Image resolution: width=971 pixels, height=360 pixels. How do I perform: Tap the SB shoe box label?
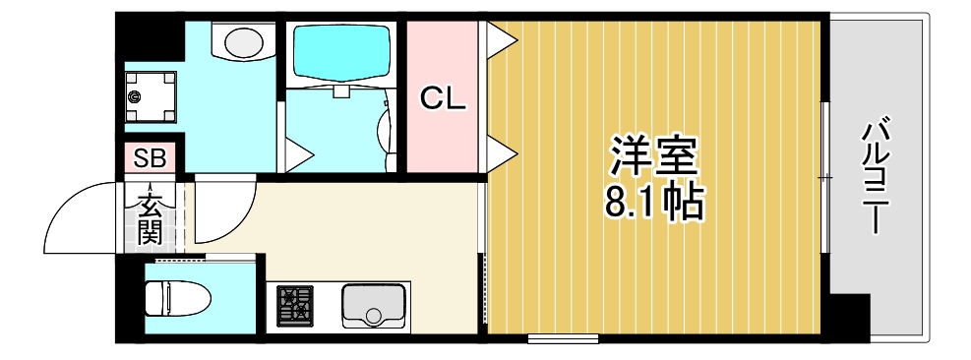coord(151,157)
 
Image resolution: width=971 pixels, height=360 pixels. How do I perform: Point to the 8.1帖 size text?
coord(654,202)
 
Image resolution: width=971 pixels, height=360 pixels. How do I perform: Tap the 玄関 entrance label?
coord(150,218)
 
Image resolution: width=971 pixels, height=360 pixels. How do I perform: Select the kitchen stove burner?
coord(294,305)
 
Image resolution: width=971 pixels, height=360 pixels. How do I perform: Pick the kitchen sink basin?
coord(374,305)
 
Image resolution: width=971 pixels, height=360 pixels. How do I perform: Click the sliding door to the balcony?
coord(824,177)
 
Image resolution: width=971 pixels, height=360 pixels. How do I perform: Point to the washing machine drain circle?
coord(135,96)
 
